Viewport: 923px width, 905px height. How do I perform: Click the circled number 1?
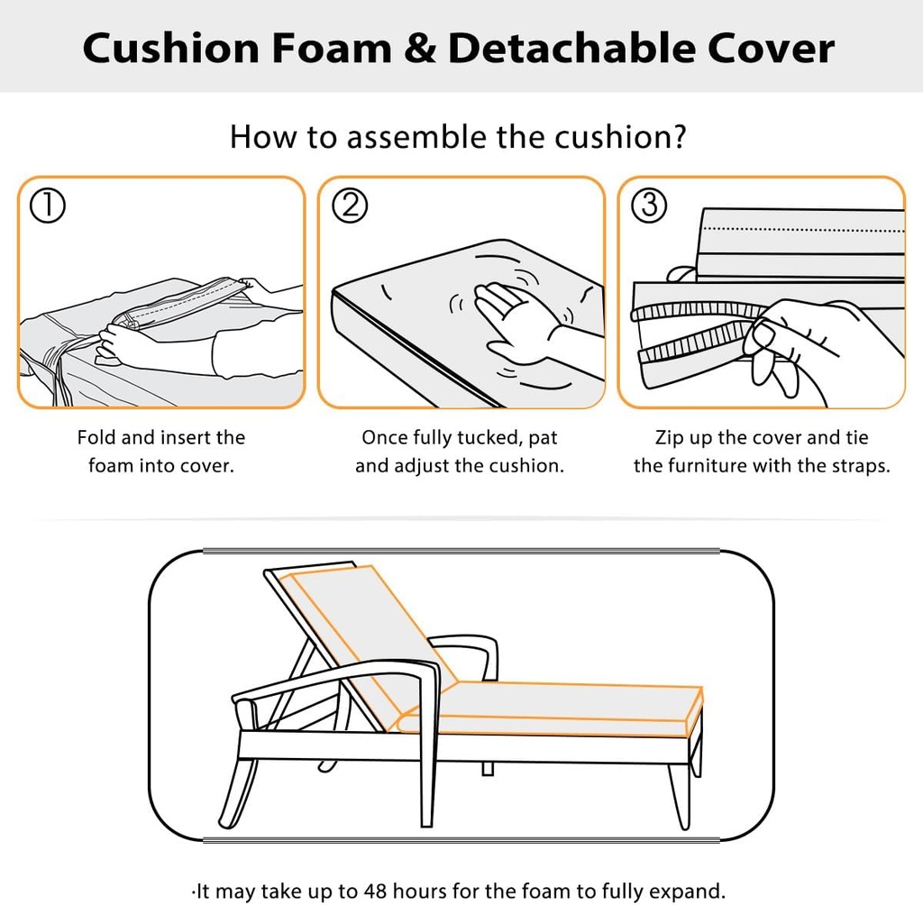[x=47, y=206]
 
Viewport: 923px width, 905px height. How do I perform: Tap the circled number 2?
[x=350, y=206]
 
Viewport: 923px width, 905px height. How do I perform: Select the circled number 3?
[x=648, y=206]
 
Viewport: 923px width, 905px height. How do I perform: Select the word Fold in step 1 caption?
[x=96, y=438]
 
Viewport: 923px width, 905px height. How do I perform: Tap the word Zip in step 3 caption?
[x=669, y=438]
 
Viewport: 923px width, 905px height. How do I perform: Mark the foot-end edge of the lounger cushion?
[x=694, y=712]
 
